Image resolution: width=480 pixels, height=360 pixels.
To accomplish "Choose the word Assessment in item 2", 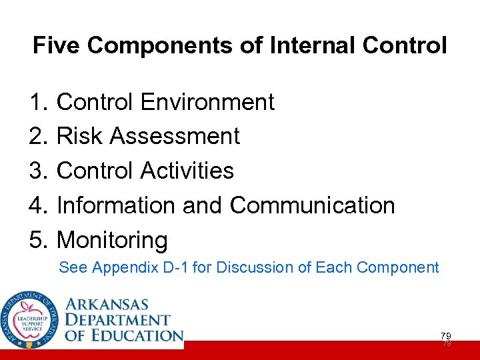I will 175,136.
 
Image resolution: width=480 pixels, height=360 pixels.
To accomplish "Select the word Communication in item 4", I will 313,205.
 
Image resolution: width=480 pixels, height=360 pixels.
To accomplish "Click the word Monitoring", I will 112,240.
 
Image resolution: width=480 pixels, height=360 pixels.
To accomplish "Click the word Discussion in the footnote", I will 247,268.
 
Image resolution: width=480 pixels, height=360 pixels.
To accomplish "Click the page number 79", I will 445,335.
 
